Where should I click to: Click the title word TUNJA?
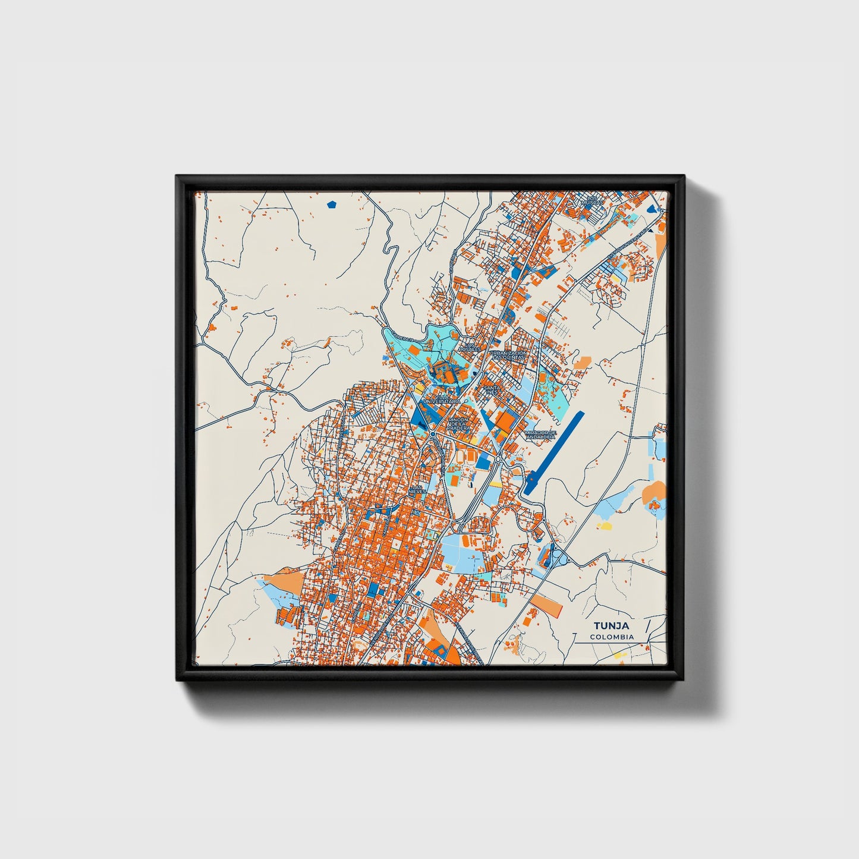611,626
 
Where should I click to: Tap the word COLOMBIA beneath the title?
612,637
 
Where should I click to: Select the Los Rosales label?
472,347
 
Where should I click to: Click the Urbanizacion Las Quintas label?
508,355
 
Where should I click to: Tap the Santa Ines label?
492,390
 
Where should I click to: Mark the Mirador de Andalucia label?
540,435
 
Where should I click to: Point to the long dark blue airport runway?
553,453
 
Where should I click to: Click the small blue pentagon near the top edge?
332,204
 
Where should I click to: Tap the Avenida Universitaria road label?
628,244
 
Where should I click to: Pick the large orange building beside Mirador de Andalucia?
505,421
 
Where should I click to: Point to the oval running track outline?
543,379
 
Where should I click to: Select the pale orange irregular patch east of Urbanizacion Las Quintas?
583,362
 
